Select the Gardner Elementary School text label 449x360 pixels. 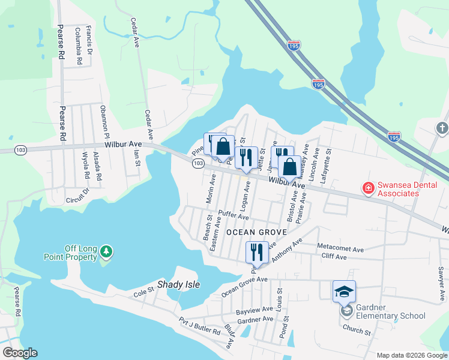pyautogui.click(x=391, y=311)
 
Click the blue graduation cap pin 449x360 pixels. pyautogui.click(x=345, y=292)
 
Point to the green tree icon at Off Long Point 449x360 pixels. pyautogui.click(x=106, y=252)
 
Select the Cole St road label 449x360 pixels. pyautogui.click(x=143, y=292)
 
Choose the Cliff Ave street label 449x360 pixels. pyautogui.click(x=334, y=257)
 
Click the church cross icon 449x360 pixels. pyautogui.click(x=442, y=127)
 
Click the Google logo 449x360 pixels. pyautogui.click(x=20, y=353)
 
